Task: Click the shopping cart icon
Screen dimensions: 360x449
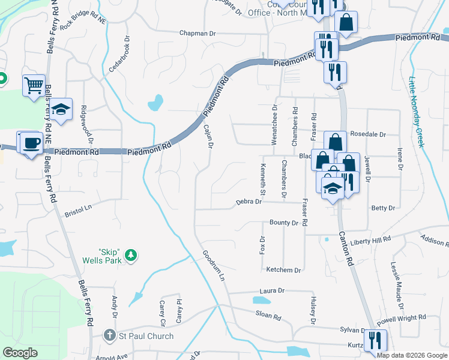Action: point(34,85)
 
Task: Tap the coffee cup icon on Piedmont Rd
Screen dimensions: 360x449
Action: point(30,144)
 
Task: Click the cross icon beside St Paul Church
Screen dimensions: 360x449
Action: point(109,336)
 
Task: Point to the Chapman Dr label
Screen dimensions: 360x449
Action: point(197,34)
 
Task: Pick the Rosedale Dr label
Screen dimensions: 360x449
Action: point(367,134)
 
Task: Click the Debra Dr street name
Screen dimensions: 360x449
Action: point(249,202)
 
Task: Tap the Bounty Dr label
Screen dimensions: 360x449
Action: point(283,223)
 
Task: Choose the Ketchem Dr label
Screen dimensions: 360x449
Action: point(283,271)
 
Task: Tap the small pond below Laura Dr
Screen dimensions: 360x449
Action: point(261,299)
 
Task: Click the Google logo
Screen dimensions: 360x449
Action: point(20,353)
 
